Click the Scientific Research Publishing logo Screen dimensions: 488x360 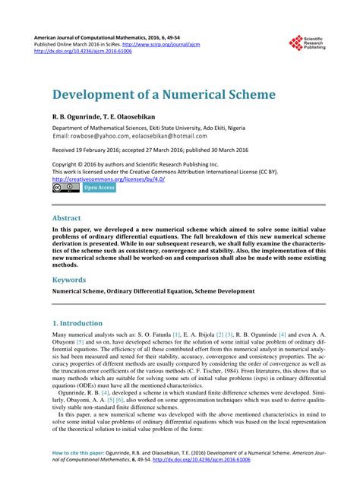[x=306, y=44]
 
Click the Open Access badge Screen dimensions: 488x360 [x=99, y=186]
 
